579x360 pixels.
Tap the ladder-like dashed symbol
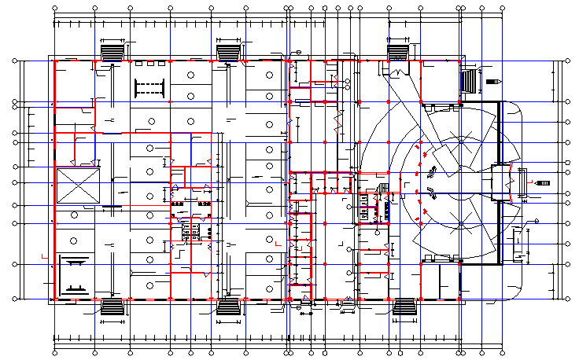[x=149, y=86]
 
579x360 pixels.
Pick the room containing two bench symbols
[x=76, y=272]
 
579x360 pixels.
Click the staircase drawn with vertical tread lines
[x=469, y=81]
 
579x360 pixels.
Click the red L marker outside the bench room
[x=45, y=255]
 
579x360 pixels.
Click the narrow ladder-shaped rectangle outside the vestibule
[x=517, y=182]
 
